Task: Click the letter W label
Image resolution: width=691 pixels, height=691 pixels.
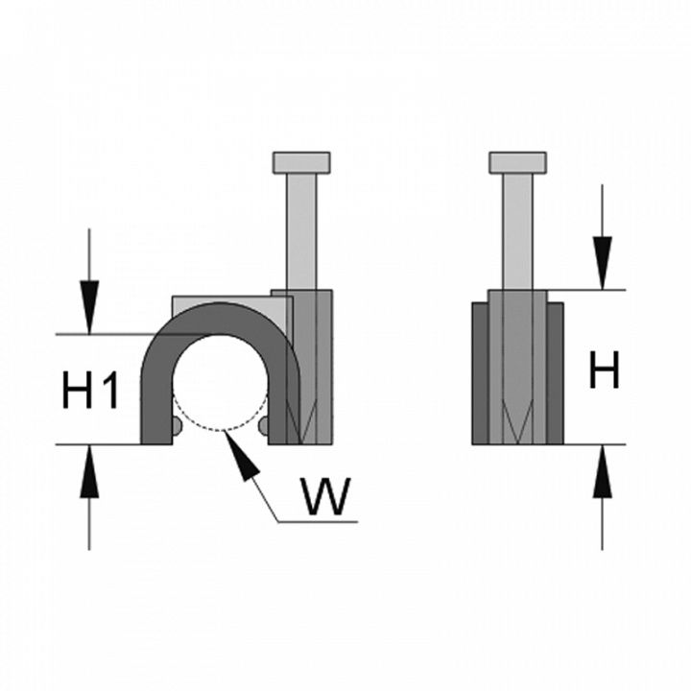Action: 322,496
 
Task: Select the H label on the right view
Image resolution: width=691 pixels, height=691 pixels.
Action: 604,370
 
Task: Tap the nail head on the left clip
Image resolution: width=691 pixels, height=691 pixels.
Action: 301,162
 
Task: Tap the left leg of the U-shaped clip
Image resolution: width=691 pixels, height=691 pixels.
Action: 155,403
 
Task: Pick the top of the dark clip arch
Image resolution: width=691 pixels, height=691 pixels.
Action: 222,317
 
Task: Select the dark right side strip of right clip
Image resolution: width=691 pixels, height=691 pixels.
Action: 554,374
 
